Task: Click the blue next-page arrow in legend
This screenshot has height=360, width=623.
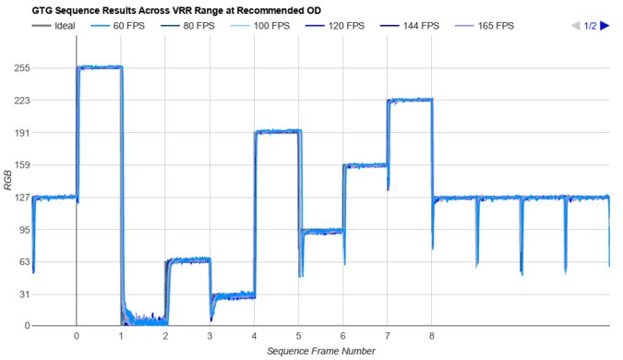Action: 605,26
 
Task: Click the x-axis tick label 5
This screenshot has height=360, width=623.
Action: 298,337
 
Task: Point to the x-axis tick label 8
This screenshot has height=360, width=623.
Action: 431,337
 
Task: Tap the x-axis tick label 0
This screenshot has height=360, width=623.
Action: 77,337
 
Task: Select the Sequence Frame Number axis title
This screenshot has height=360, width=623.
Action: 320,352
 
